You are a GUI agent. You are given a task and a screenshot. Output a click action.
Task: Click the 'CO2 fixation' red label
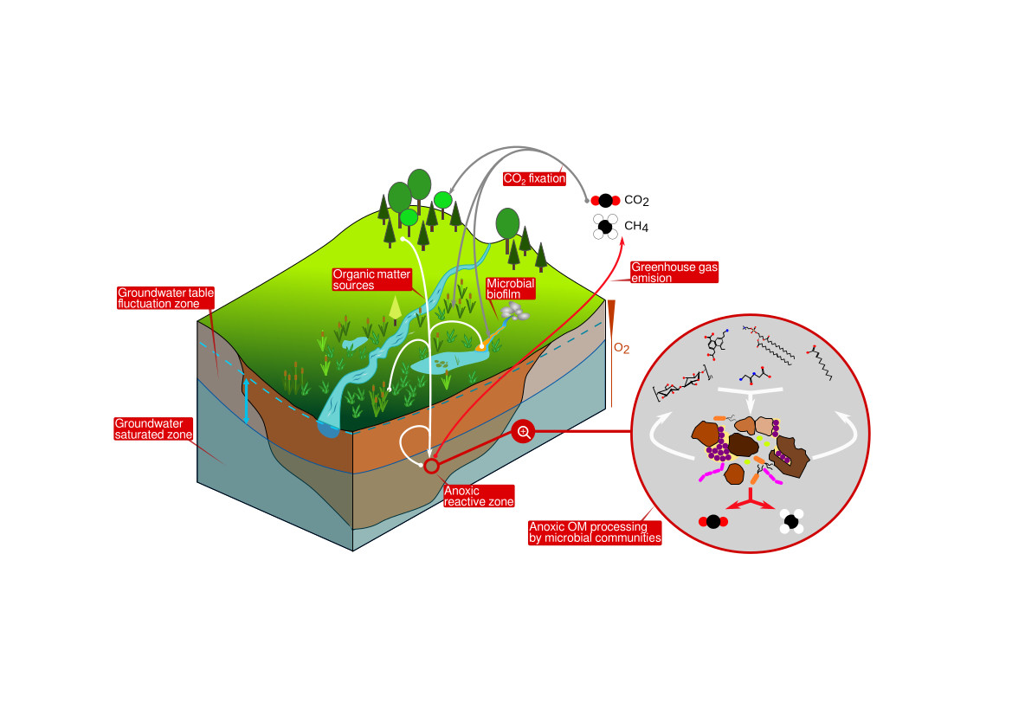point(533,179)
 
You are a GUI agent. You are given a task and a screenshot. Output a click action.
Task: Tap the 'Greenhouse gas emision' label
point(662,272)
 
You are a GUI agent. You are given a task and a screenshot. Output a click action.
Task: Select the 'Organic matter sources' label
point(366,279)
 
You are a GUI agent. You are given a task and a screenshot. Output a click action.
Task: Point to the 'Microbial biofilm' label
point(511,288)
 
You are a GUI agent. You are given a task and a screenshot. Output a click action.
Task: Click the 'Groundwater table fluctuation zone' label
point(165,298)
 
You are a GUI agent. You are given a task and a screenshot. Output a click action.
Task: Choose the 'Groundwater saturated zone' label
point(154,428)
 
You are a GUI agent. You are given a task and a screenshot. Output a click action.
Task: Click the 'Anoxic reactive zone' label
point(479,495)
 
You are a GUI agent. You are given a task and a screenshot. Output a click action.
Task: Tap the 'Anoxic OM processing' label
point(595,531)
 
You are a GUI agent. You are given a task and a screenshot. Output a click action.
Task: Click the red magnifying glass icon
point(523,431)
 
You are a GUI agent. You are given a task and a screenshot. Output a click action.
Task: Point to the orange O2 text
point(621,348)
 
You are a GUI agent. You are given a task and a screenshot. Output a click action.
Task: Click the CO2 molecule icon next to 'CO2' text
point(604,200)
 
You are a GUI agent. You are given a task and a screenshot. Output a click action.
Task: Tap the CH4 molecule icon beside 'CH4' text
point(605,226)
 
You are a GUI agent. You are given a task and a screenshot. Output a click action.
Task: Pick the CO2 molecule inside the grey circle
point(712,521)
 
